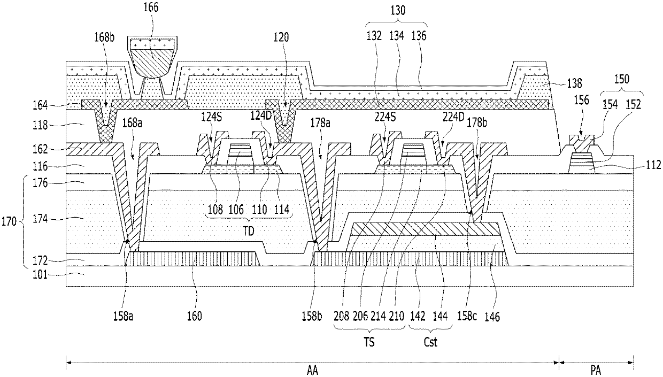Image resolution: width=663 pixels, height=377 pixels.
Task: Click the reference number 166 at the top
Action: pyautogui.click(x=151, y=7)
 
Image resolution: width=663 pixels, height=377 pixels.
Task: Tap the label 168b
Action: pyautogui.click(x=104, y=37)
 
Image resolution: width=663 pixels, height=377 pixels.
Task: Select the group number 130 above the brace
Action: pyautogui.click(x=397, y=10)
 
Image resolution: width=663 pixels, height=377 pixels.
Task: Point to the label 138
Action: pyautogui.click(x=574, y=84)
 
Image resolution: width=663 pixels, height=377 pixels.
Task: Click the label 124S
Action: pyautogui.click(x=212, y=117)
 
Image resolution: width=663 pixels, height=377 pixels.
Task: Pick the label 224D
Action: pyautogui.click(x=453, y=117)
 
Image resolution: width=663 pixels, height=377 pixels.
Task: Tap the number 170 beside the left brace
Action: pyautogui.click(x=9, y=221)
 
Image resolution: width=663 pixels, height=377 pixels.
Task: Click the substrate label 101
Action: pyautogui.click(x=40, y=275)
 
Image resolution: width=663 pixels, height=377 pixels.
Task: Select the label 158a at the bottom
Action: pyautogui.click(x=123, y=317)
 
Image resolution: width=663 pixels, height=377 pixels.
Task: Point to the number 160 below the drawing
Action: pyautogui.click(x=194, y=317)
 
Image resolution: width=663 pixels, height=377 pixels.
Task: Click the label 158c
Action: pyautogui.click(x=467, y=317)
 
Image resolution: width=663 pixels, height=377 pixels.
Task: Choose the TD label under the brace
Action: pyautogui.click(x=249, y=231)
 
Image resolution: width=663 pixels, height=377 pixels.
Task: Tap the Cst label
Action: pyautogui.click(x=430, y=342)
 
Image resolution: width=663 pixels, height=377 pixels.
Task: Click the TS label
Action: pyautogui.click(x=369, y=342)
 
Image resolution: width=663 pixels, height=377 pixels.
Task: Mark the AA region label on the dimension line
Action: pyautogui.click(x=312, y=370)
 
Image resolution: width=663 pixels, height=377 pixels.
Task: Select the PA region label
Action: pyautogui.click(x=596, y=370)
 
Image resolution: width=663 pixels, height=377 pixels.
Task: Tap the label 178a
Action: pyautogui.click(x=320, y=123)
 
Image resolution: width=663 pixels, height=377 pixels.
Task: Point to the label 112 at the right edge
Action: pyautogui.click(x=654, y=165)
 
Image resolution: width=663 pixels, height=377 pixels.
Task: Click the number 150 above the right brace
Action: pyautogui.click(x=621, y=79)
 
